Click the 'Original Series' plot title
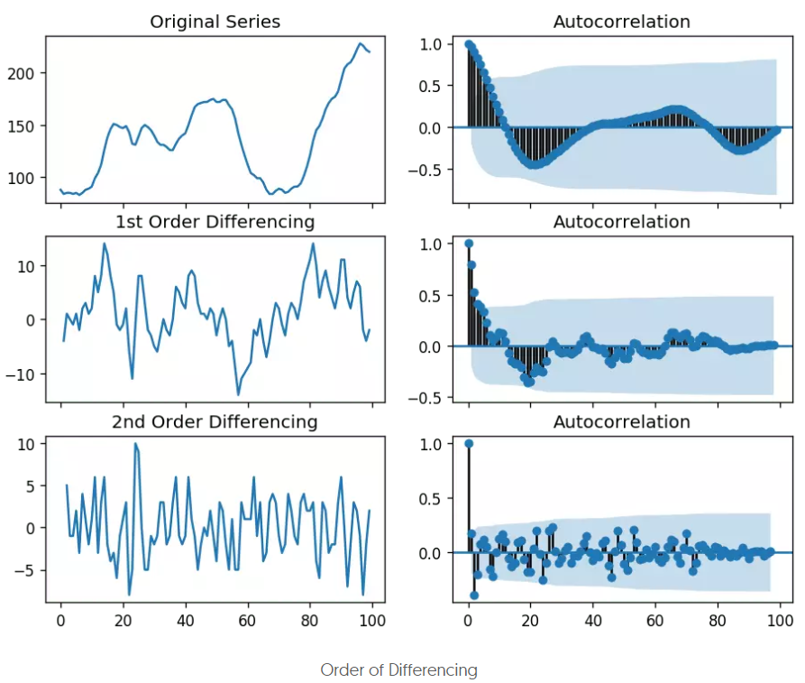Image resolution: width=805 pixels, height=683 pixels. click(215, 22)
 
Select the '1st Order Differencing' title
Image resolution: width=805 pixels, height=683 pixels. click(215, 222)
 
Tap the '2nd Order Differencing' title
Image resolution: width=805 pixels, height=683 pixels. click(215, 422)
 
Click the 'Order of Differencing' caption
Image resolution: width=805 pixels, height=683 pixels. click(398, 670)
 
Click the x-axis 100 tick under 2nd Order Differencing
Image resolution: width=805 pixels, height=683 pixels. click(372, 621)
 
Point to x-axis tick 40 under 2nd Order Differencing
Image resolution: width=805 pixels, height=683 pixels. click(185, 621)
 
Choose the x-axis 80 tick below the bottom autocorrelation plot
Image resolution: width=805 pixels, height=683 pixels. click(718, 621)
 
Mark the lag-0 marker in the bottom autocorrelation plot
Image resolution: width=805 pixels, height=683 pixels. click(468, 443)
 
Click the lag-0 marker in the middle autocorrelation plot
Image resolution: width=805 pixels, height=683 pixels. click(468, 244)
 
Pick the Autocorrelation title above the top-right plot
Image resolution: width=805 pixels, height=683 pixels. click(621, 22)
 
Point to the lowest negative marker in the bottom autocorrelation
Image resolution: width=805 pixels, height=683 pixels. click(474, 595)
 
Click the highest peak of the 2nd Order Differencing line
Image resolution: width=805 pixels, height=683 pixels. click(135, 444)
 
